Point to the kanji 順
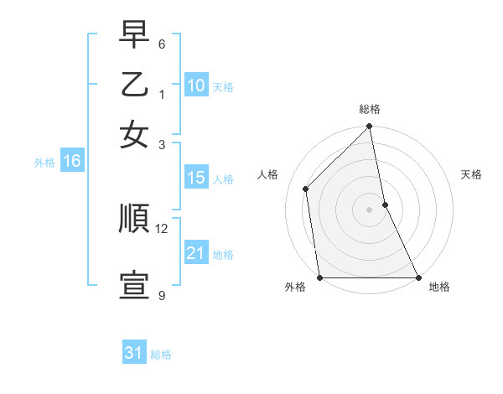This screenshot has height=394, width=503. click(135, 219)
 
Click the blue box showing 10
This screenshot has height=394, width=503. click(196, 86)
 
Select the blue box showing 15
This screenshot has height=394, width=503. click(196, 178)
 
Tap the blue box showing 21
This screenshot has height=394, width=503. click(196, 253)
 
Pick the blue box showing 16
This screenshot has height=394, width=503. click(72, 162)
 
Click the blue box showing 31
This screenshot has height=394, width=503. click(134, 353)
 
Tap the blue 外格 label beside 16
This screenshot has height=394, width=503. click(44, 163)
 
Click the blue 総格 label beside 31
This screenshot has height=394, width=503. click(161, 355)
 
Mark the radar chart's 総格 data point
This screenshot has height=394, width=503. click(369, 127)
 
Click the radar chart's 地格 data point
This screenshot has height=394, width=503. click(417, 277)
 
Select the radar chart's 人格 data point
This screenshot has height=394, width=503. click(306, 189)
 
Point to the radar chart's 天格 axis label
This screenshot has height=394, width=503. click(471, 174)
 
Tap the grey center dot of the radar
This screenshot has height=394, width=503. click(369, 210)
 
